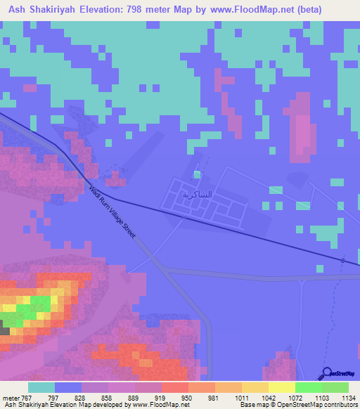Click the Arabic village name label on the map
[x=196, y=194]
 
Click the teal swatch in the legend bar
[x=41, y=388]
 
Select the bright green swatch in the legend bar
[x=308, y=388]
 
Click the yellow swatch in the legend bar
[x=281, y=388]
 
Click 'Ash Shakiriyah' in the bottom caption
[x=25, y=405]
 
